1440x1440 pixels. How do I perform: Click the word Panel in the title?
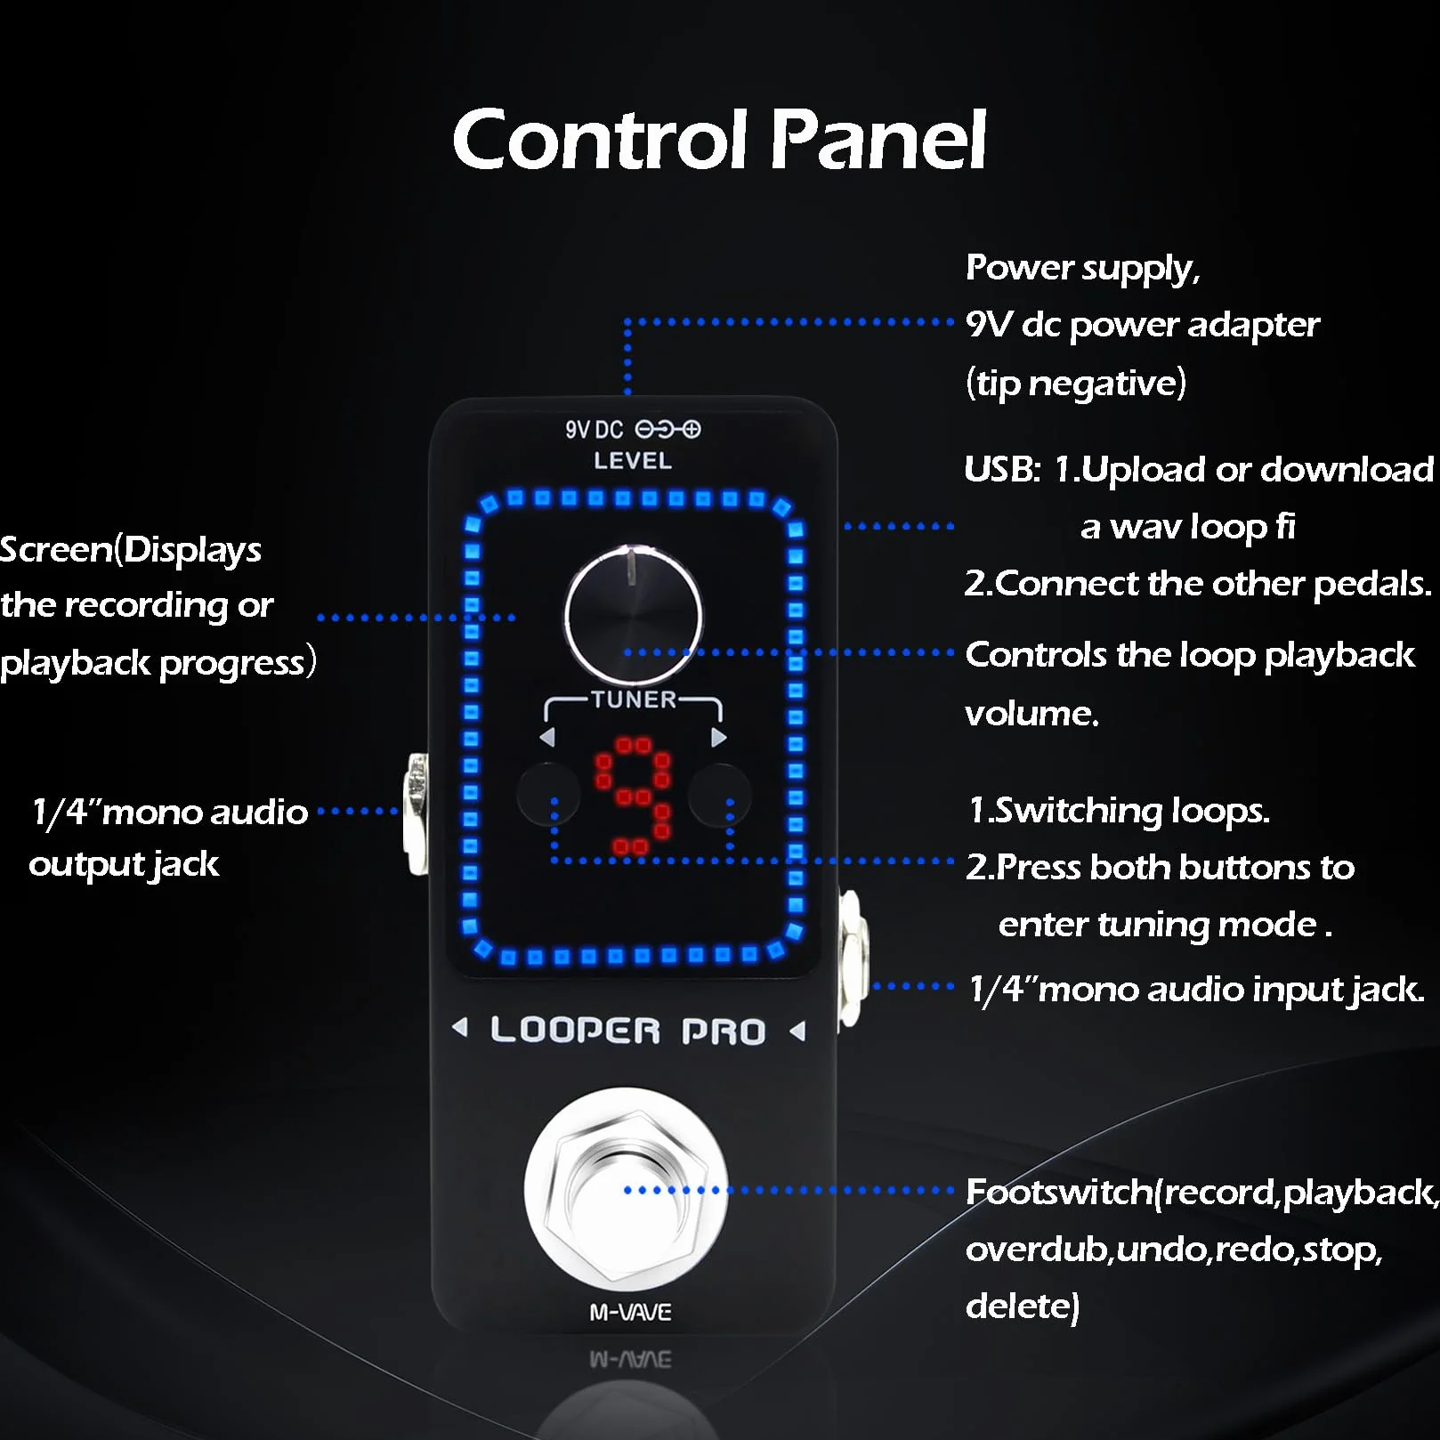[878, 139]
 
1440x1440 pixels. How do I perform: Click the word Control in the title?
[600, 139]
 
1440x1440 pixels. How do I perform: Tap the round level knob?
[633, 614]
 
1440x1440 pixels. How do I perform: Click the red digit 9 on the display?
[633, 795]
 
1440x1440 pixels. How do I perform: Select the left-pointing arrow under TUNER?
[547, 737]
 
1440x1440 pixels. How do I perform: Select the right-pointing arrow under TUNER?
[719, 737]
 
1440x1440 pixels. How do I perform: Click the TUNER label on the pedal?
[634, 700]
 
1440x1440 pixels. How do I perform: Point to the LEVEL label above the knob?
[633, 461]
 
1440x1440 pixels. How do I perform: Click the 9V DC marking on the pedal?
[595, 430]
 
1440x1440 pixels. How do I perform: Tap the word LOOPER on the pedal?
[575, 1031]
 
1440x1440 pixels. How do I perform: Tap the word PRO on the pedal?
[724, 1031]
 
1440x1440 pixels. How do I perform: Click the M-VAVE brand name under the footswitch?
[631, 1312]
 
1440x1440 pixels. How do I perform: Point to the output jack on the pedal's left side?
[416, 813]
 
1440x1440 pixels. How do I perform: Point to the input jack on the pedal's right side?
[852, 958]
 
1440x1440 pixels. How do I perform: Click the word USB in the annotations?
[1002, 469]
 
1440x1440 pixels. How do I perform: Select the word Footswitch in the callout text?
[1059, 1192]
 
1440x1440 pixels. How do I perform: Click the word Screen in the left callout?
[57, 549]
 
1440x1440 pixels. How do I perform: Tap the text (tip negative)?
[1076, 384]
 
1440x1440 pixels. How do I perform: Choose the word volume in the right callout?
[1031, 713]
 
